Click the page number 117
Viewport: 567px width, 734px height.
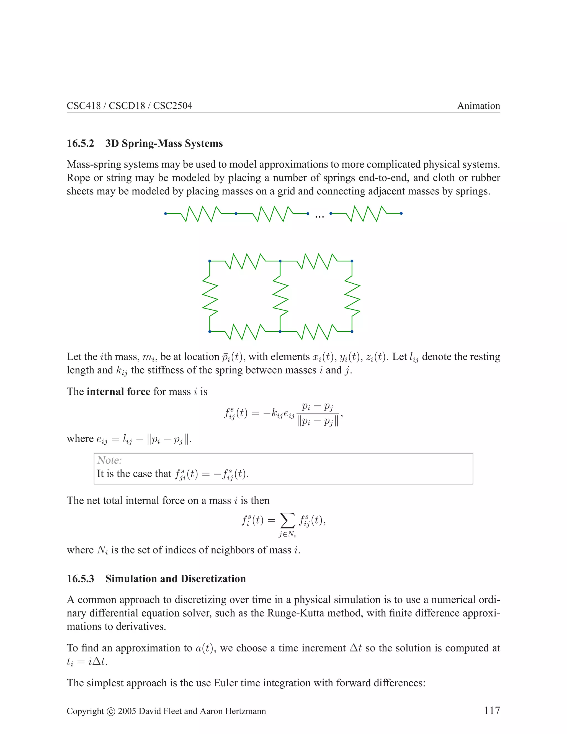[492, 710]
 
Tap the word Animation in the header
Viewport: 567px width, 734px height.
[478, 106]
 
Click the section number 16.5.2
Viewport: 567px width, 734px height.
[80, 143]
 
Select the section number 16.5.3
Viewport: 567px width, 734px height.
[80, 578]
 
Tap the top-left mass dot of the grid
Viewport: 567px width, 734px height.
[210, 261]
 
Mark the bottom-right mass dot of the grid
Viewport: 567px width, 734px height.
[352, 332]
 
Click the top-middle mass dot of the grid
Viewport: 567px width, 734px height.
[280, 261]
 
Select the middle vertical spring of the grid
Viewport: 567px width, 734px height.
[280, 296]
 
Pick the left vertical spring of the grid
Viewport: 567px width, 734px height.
[210, 296]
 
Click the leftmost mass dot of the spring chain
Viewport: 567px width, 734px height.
[165, 213]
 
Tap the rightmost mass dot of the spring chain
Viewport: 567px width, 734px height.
[401, 213]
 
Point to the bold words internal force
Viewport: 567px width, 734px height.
[118, 392]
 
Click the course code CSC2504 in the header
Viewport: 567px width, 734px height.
[173, 106]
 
